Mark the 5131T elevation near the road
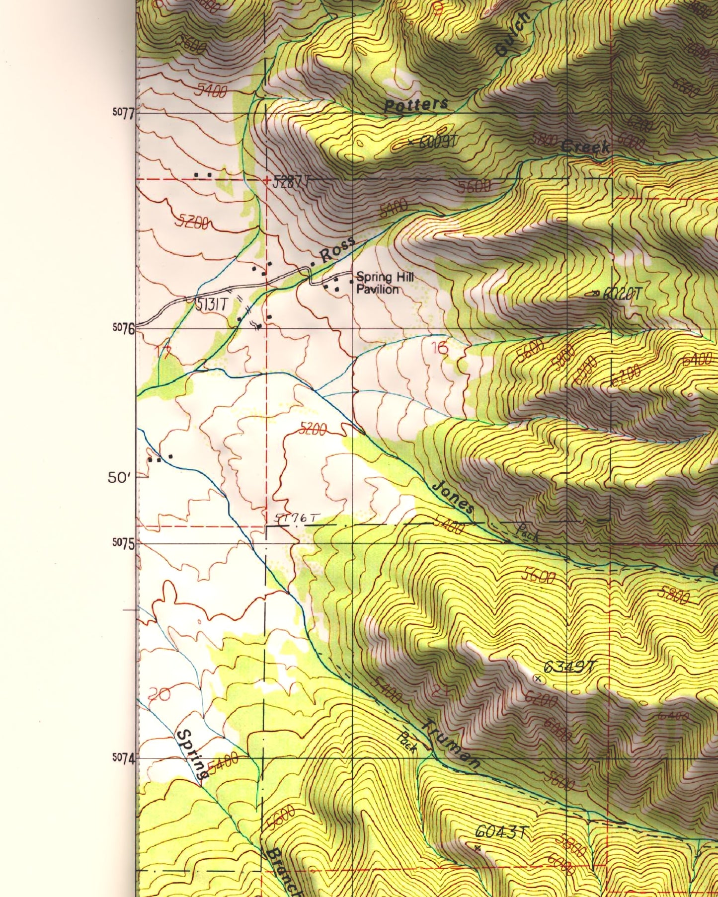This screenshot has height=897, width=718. pyautogui.click(x=211, y=304)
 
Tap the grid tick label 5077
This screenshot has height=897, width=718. pyautogui.click(x=123, y=113)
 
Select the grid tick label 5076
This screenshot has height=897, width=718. pyautogui.click(x=123, y=328)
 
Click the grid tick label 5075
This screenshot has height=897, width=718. pyautogui.click(x=123, y=543)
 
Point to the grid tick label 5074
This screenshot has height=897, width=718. pyautogui.click(x=123, y=758)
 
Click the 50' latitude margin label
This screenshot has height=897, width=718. pyautogui.click(x=119, y=478)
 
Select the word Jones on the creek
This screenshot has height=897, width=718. pyautogui.click(x=453, y=497)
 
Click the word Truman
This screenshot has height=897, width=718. pyautogui.click(x=451, y=744)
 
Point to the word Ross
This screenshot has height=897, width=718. pyautogui.click(x=338, y=250)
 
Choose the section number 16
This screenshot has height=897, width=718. pyautogui.click(x=440, y=348)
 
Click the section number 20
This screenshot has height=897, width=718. pyautogui.click(x=159, y=694)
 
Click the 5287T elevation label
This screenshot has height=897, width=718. pyautogui.click(x=291, y=182)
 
